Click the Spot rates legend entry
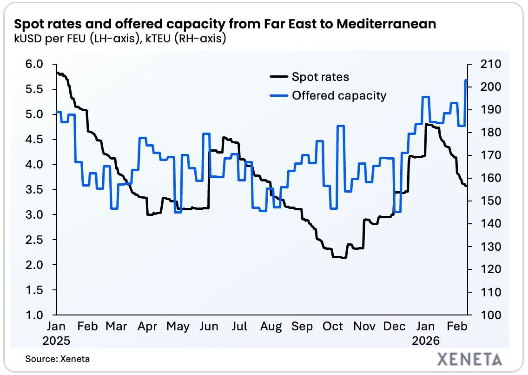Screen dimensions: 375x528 [x=320, y=77]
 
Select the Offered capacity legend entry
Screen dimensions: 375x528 [x=339, y=96]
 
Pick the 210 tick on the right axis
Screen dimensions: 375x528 [x=483, y=64]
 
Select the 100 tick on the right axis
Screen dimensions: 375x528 [x=483, y=315]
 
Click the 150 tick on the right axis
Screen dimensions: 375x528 [x=483, y=201]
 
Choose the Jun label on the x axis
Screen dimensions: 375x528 [x=209, y=327]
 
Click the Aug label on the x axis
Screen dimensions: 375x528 [x=271, y=327]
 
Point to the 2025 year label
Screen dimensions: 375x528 [x=56, y=341]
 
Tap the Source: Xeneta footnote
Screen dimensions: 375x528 [x=52, y=359]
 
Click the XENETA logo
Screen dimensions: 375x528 [x=470, y=359]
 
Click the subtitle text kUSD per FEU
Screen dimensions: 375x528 [x=52, y=39]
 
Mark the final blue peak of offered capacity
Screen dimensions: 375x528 [x=466, y=80]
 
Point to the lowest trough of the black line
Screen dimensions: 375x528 [x=343, y=257]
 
